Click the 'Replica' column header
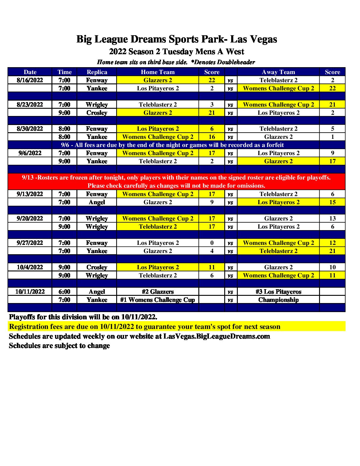point(97,72)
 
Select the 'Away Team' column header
point(278,72)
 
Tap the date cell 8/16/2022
point(30,80)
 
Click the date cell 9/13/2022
point(30,194)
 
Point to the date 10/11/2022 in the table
point(30,292)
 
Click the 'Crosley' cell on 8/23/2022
point(97,113)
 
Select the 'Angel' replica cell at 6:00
point(97,292)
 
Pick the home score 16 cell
point(212,137)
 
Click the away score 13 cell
point(332,218)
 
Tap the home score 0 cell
point(212,243)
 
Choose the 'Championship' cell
point(278,300)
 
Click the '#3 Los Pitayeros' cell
point(278,292)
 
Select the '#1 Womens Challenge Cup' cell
point(157,300)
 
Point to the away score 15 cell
point(332,202)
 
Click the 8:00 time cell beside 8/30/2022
point(64,129)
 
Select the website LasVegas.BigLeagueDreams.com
point(216,336)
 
